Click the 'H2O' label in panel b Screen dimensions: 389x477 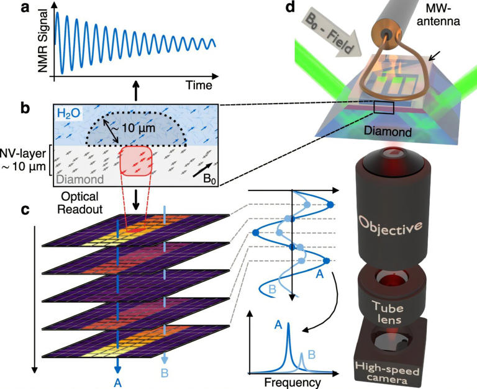[x=70, y=113]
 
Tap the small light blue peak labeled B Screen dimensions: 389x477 [x=302, y=362]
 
